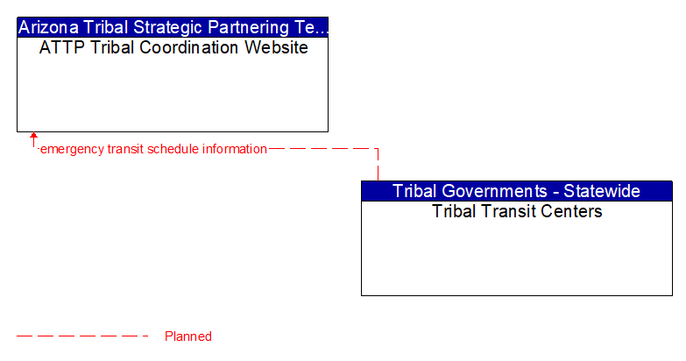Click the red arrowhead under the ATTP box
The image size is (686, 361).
(33, 137)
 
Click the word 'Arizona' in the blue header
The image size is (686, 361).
(48, 26)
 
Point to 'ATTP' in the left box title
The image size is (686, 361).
(60, 47)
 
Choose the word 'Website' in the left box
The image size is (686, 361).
(275, 47)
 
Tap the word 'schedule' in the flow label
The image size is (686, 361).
(173, 149)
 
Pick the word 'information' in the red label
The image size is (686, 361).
(234, 149)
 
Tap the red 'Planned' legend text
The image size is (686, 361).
(187, 336)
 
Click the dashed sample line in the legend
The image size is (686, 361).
(83, 336)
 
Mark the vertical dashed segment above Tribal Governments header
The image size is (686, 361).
(378, 166)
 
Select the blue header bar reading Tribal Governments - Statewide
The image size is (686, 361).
(517, 191)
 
